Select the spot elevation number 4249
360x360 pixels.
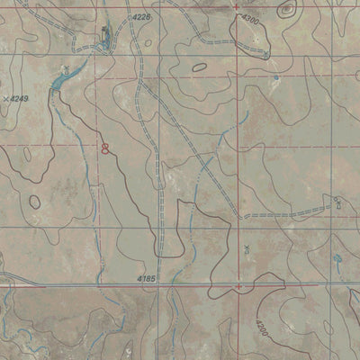[x=20, y=98]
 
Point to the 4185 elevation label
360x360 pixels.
[x=148, y=280]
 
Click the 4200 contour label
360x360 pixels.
[x=260, y=320]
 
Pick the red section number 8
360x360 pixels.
[x=105, y=148]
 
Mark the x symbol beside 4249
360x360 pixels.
[x=6, y=96]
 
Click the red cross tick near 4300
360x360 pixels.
[x=237, y=7]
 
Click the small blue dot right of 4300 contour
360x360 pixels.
[x=275, y=78]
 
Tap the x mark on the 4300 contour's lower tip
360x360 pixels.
[x=265, y=55]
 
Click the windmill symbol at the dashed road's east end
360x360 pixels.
[x=336, y=202]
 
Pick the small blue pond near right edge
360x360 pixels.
[x=338, y=259]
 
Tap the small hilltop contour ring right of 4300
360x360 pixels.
[x=286, y=12]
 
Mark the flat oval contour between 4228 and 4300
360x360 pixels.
[x=200, y=66]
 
